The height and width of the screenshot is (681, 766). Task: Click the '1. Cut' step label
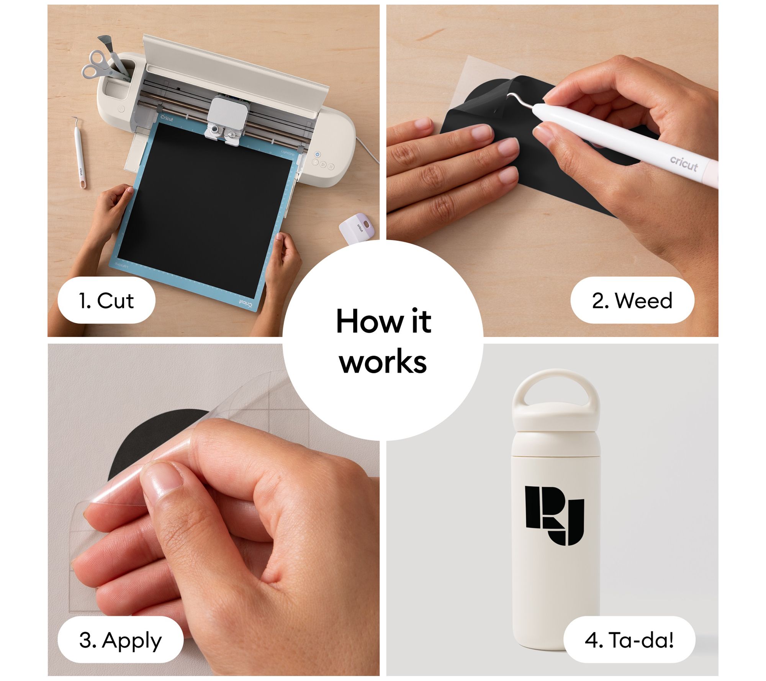click(106, 300)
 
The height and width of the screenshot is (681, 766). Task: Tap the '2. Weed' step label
click(632, 300)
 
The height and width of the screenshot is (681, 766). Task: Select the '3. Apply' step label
click(120, 640)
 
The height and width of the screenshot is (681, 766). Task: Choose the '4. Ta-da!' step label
click(629, 640)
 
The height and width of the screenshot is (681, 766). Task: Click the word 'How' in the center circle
click(369, 321)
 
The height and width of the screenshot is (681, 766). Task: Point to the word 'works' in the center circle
click(383, 362)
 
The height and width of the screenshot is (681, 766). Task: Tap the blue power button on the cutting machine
click(317, 154)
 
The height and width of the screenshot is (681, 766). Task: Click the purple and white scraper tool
click(356, 228)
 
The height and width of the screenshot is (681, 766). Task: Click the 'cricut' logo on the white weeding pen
click(684, 164)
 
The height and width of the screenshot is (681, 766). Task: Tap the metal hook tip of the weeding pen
click(512, 97)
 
